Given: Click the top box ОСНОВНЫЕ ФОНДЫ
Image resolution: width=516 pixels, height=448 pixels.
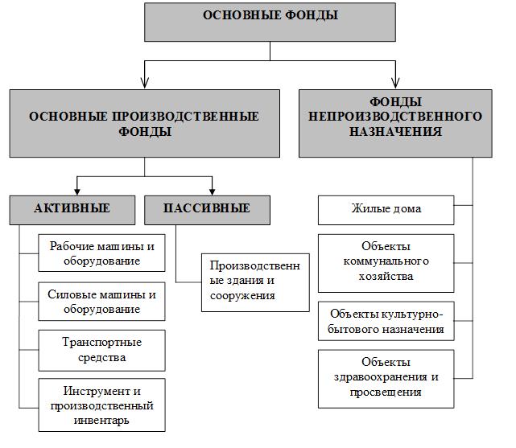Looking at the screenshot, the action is pos(270,22).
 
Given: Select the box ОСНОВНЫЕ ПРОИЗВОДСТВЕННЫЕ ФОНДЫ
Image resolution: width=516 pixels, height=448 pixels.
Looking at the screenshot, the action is pos(144,123).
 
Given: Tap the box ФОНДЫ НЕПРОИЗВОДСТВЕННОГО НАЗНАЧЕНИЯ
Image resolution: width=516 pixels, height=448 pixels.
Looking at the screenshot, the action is pos(395,123).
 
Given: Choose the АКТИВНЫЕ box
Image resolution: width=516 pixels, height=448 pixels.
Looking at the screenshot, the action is pos(72,210).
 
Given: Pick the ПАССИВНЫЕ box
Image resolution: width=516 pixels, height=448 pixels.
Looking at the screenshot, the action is pos(207,210).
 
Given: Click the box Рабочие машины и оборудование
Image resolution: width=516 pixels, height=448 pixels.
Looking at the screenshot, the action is pos(101,253).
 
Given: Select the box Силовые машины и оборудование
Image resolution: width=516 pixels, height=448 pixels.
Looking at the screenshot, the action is pos(101,301).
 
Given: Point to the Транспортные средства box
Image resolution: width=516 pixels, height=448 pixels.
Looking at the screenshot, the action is pos(101,351).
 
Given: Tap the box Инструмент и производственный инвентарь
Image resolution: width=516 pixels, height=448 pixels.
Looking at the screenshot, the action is pos(101,405).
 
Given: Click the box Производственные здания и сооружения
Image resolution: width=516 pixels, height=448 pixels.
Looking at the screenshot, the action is pos(255,282).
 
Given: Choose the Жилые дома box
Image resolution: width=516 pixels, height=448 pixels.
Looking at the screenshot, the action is pos(386,210).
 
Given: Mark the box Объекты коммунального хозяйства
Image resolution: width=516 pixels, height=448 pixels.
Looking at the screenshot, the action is pos(386,263).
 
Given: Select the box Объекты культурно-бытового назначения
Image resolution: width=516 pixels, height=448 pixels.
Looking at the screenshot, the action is pos(386,321).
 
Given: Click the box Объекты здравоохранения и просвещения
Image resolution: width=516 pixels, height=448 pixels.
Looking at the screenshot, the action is pos(386,379).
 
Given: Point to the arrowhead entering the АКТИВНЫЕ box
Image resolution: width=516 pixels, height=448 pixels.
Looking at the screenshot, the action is pos(77,191).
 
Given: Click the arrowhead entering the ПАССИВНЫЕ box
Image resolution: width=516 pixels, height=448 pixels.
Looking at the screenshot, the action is pos(213,191).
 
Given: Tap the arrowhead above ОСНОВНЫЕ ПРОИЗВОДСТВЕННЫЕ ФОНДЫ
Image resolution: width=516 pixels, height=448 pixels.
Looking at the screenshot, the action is pos(144,83).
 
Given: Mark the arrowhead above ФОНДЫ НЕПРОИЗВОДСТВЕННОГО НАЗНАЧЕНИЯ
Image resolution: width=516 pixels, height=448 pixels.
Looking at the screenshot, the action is pos(395,83).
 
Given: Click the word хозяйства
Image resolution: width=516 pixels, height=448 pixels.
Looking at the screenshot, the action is pos(386,276).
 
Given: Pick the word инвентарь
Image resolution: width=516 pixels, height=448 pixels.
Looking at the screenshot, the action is pos(101,421).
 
